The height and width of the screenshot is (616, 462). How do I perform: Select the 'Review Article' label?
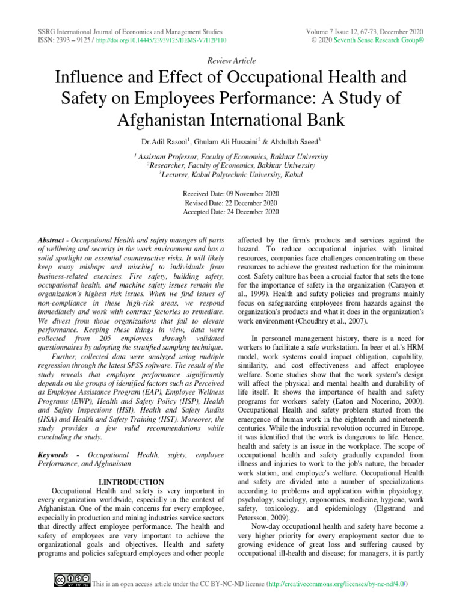[231, 61]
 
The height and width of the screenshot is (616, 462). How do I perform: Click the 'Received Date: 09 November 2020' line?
[231, 194]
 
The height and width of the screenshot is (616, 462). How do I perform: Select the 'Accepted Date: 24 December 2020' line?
[231, 212]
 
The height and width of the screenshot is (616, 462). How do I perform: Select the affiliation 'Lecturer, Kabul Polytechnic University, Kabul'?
[231, 174]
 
